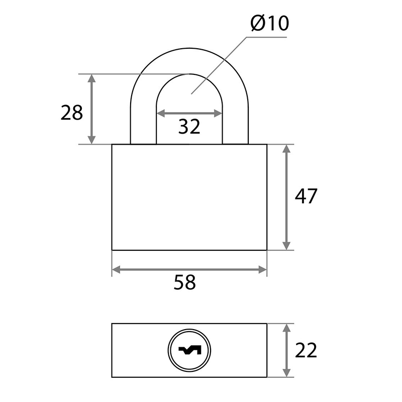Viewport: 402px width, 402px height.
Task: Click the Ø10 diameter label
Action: tap(270, 23)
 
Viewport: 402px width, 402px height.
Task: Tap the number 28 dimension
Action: tap(72, 113)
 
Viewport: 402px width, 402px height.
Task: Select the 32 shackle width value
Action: tap(189, 127)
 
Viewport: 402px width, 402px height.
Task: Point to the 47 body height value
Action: tap(306, 196)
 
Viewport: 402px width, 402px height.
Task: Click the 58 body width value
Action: tap(184, 282)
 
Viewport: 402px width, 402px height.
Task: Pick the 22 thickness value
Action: tap(306, 350)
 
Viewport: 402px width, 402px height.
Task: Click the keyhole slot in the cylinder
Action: tap(190, 350)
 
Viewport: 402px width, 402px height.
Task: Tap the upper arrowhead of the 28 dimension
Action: tap(91, 78)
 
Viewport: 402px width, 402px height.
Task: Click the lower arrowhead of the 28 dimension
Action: tap(91, 140)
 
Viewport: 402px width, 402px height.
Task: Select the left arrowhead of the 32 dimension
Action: tap(161, 113)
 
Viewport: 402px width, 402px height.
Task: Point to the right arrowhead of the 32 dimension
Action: tap(218, 113)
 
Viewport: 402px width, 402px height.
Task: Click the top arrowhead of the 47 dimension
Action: tap(286, 149)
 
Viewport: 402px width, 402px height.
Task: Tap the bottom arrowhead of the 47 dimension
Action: tap(286, 246)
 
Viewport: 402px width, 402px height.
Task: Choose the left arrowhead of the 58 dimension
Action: tap(117, 270)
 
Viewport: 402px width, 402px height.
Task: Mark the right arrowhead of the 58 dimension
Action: tap(262, 270)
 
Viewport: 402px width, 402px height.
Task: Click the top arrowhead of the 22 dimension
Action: tap(286, 328)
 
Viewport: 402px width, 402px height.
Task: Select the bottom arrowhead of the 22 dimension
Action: tap(286, 373)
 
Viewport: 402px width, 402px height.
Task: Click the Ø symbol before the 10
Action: tap(258, 23)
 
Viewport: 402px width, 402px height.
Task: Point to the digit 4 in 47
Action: tap(300, 196)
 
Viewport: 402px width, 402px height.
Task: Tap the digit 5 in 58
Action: tap(179, 282)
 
